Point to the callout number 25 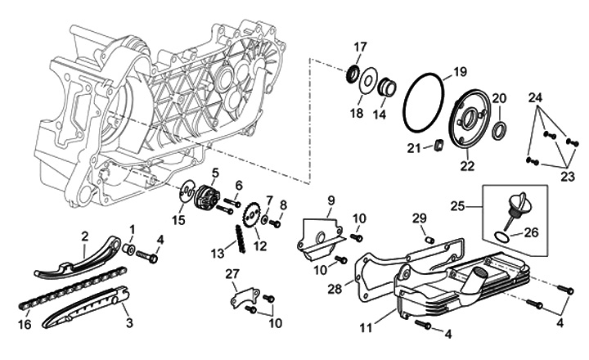(x=480, y=204)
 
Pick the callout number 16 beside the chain (x=25, y=325)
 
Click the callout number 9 (x=331, y=200)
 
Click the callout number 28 (x=335, y=289)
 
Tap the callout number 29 (x=420, y=217)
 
